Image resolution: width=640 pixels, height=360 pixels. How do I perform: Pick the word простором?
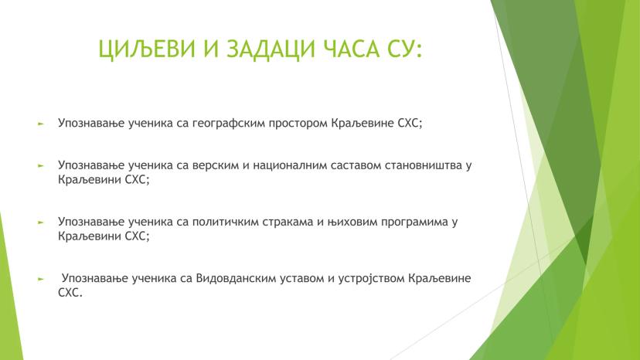tap(298, 124)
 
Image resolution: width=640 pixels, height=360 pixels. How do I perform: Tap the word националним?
tap(289, 165)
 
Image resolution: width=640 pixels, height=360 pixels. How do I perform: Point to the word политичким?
tap(226, 222)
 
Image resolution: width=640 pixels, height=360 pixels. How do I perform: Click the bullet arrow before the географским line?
tap(40, 123)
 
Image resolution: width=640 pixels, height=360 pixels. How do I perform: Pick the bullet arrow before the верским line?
tap(40, 166)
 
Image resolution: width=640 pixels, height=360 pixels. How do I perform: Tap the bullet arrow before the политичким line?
tap(40, 222)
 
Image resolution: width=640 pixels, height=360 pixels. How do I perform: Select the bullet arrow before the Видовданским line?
tap(40, 279)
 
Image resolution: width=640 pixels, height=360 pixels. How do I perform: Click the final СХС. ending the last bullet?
tap(70, 293)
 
